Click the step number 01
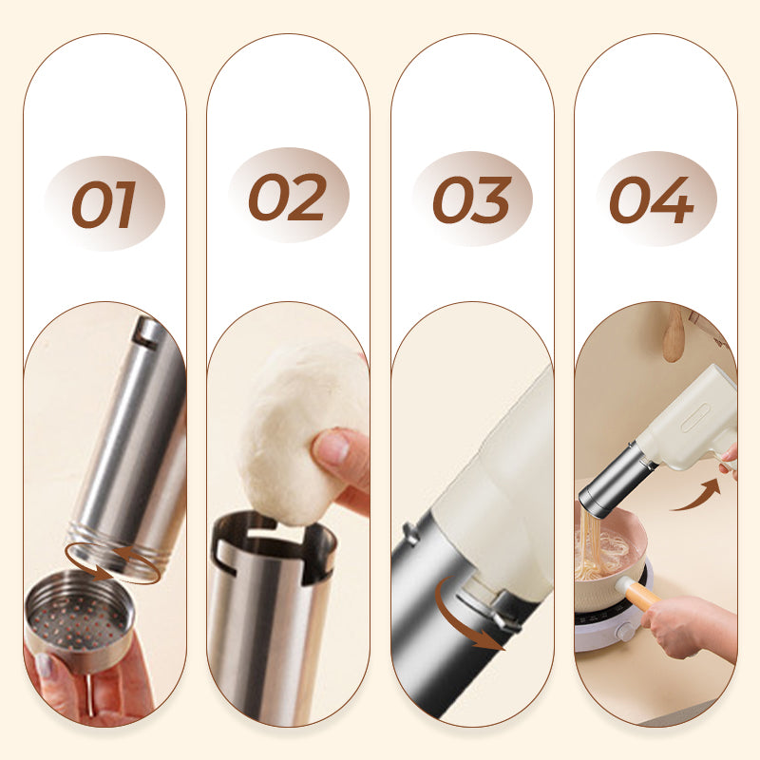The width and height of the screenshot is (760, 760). pos(104,204)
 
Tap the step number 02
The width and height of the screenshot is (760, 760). pos(288,198)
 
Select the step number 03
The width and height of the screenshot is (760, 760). pos(472,199)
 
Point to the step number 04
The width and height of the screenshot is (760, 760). pos(652,200)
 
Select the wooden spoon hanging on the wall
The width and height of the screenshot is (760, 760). pos(674,333)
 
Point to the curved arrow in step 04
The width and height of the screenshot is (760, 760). pos(699,497)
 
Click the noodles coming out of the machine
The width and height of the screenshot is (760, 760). pos(589,542)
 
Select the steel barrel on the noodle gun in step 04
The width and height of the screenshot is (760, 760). pos(616,484)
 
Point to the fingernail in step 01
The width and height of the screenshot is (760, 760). pos(43,666)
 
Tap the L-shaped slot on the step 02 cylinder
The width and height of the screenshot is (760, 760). pos(224,558)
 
